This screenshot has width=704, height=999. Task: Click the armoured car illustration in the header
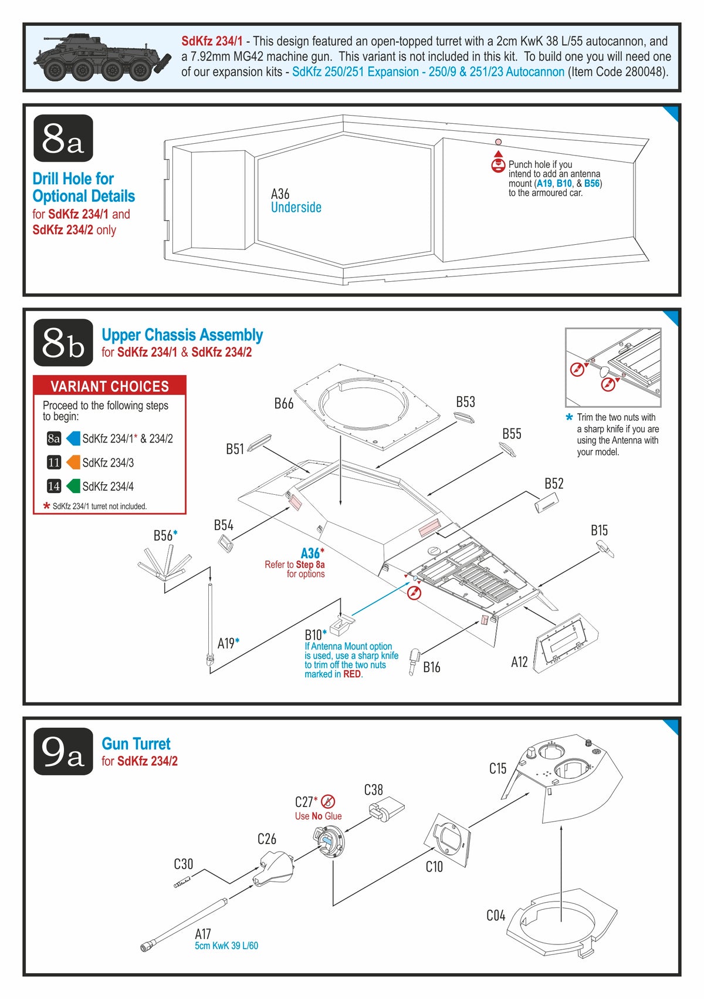[103, 58]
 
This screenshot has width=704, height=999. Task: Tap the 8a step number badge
[63, 139]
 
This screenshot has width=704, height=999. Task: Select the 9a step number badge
[63, 751]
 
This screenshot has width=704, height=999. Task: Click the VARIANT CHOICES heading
[110, 386]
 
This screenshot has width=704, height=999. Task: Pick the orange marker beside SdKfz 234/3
[73, 463]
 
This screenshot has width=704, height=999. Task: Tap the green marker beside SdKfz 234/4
[73, 486]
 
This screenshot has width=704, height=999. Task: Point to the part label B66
[284, 403]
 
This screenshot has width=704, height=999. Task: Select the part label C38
[374, 790]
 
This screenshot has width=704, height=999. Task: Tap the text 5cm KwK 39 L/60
[226, 946]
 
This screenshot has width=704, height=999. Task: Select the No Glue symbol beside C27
[329, 801]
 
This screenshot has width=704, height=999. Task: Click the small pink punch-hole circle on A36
[498, 142]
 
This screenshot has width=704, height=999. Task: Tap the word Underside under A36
[296, 207]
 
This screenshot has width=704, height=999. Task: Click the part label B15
[599, 531]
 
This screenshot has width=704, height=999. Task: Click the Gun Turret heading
[136, 744]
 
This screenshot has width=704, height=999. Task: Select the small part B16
[415, 660]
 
